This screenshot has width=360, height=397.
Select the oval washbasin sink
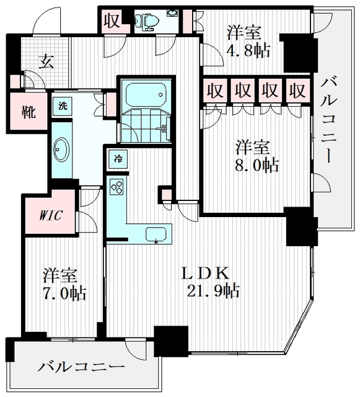point(62,150)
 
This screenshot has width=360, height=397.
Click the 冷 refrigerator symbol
point(117,158)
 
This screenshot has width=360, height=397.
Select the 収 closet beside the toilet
point(113,20)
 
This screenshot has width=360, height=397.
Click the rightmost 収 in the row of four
point(297,91)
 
